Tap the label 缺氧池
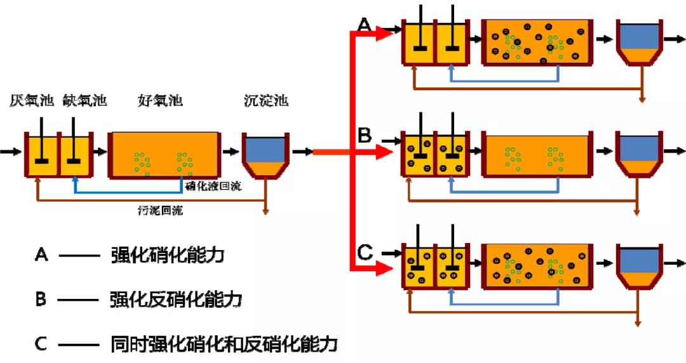(85, 100)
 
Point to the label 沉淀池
(266, 100)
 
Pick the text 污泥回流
(160, 210)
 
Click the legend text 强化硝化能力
(168, 256)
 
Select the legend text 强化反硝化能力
(176, 300)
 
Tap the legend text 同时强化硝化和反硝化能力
(223, 345)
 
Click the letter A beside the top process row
(364, 25)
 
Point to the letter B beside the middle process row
(364, 136)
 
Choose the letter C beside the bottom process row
(364, 252)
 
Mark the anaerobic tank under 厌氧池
(42, 155)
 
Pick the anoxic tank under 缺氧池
(76, 155)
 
